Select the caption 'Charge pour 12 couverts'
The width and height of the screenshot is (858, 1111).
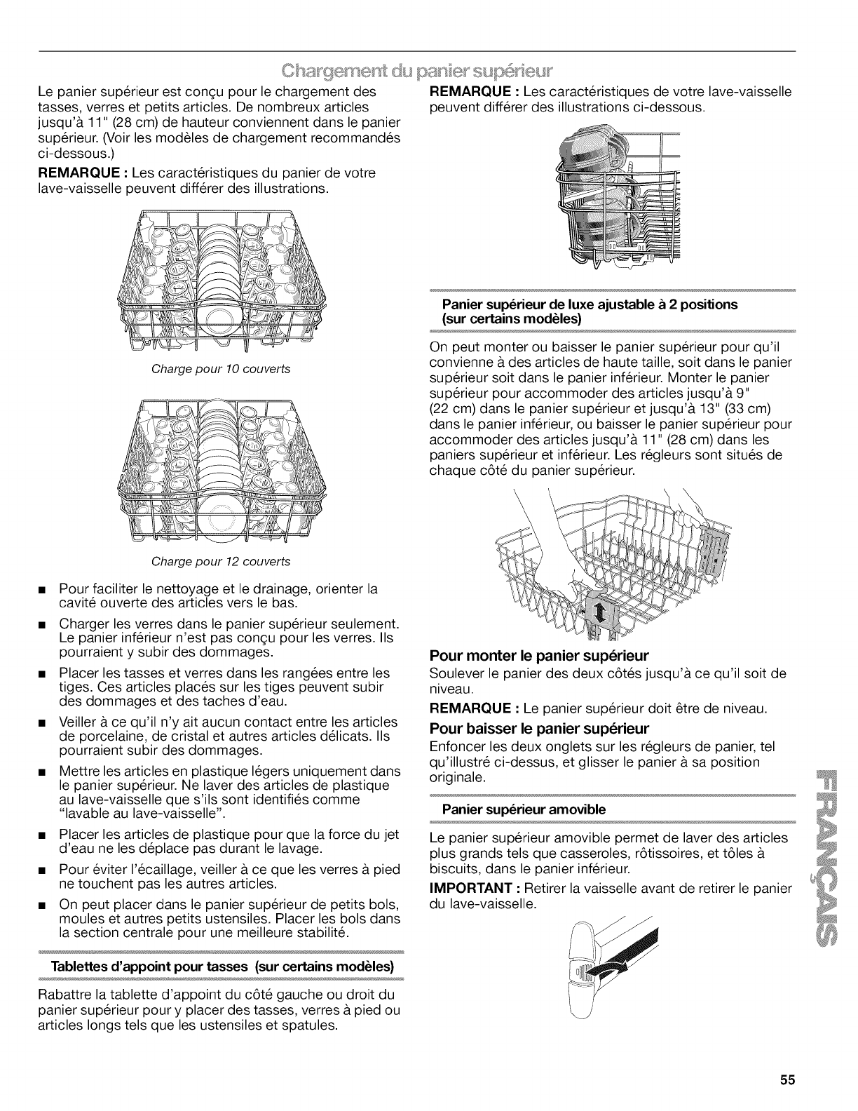221,561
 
